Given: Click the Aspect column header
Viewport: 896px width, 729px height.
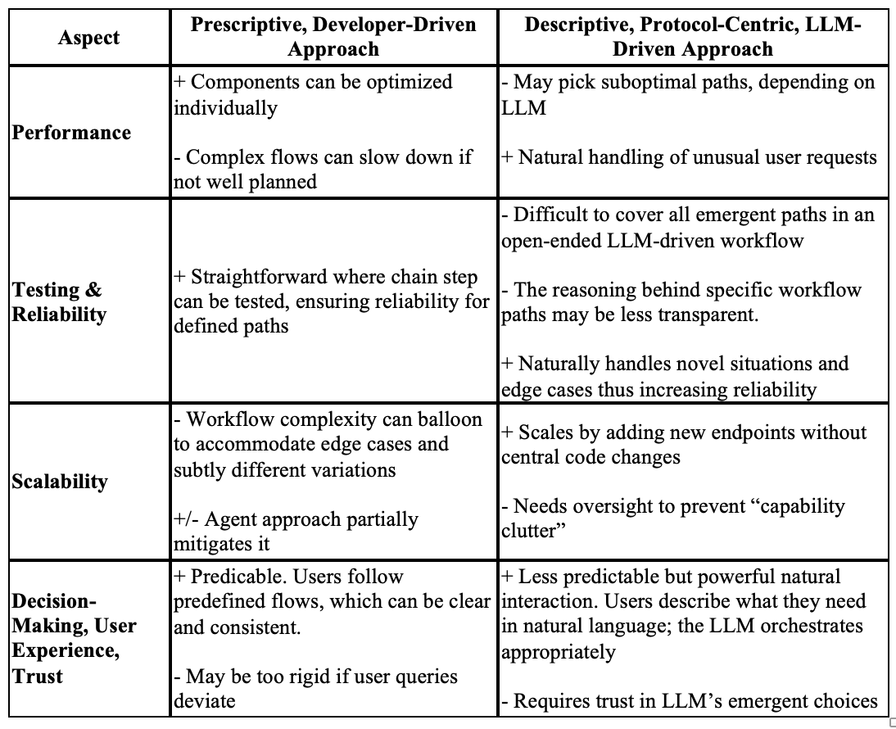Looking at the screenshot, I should point(88,38).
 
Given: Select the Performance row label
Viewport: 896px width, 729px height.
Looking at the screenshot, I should point(71,133).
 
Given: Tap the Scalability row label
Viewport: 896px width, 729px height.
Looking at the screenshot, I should point(60,481).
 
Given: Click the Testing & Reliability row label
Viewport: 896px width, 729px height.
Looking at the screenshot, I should point(59,302).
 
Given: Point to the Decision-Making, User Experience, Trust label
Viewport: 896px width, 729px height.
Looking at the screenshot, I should point(73,638).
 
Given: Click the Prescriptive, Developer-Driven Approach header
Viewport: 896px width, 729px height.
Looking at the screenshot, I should point(333,36).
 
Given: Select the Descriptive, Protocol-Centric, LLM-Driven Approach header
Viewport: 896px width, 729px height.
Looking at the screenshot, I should point(693,36).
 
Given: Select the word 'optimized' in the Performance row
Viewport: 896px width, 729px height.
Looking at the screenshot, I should point(408,82).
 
